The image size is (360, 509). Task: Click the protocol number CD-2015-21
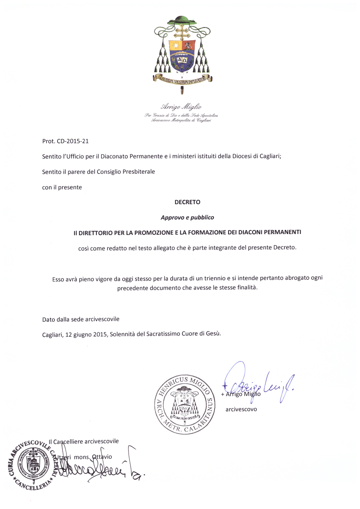coord(73,141)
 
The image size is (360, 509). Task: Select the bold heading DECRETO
coord(187,202)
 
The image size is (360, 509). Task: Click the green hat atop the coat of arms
coord(182,20)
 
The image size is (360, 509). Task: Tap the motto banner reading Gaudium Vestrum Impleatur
coord(182,79)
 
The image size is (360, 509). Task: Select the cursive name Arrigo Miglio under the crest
coord(181,107)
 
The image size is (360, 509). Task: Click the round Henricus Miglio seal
coord(185,404)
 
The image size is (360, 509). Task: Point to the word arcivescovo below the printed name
coord(241,409)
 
